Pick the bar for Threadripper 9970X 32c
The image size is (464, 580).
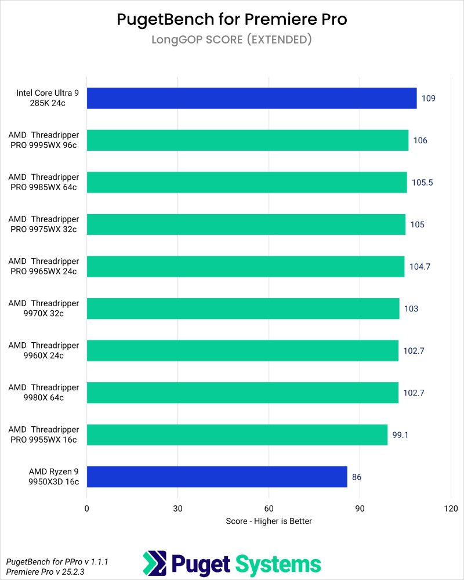click(x=243, y=309)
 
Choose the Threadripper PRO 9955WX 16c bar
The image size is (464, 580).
click(x=237, y=435)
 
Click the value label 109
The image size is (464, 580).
click(x=428, y=98)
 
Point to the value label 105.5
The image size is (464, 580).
click(x=422, y=182)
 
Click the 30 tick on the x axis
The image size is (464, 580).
click(x=178, y=509)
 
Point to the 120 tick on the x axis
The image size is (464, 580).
click(x=451, y=509)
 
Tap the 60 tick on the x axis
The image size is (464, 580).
click(x=269, y=509)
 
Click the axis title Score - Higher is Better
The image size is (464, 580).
click(x=269, y=521)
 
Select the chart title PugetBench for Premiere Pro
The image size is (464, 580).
click(x=232, y=20)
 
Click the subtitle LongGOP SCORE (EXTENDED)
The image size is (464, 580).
click(x=232, y=39)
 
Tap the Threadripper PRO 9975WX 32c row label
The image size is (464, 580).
click(x=43, y=224)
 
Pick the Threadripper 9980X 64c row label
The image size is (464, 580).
click(x=43, y=393)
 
